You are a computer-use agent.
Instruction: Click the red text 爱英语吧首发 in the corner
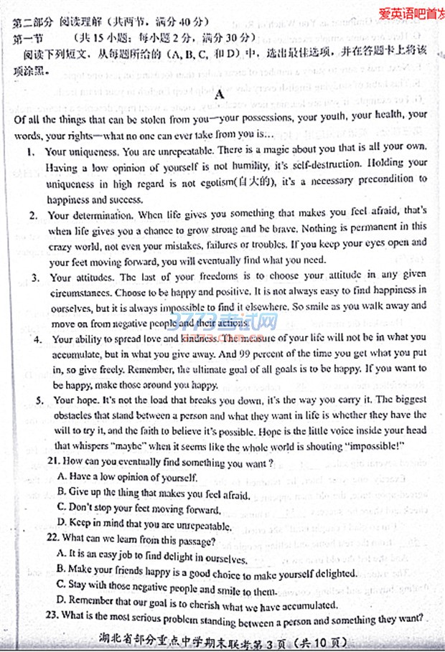click(411, 12)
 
